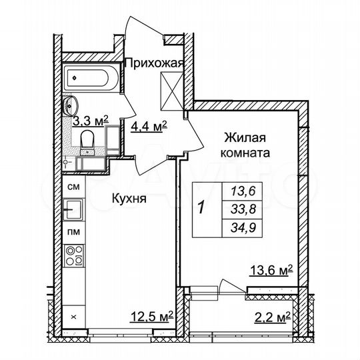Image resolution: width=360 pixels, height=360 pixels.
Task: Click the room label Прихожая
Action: coord(153,63)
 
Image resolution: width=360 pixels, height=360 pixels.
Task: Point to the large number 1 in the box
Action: coord(201,207)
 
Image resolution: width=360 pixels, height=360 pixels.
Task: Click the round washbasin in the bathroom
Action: coord(71,105)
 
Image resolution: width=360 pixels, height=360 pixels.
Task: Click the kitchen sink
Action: coord(73,211)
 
